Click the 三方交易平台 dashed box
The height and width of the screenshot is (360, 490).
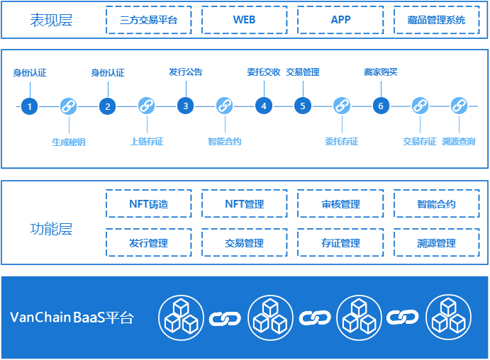click(148, 20)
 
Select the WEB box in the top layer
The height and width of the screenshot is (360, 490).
click(244, 20)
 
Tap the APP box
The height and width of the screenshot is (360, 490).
click(340, 20)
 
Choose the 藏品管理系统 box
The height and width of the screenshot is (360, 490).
click(437, 20)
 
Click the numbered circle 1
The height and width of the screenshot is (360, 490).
click(29, 106)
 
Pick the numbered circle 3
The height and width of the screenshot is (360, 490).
click(186, 106)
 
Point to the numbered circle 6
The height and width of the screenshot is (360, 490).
click(381, 106)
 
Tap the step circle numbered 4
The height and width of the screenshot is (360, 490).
click(264, 106)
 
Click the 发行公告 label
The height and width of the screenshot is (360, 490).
click(186, 72)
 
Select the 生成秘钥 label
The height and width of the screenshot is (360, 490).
click(68, 142)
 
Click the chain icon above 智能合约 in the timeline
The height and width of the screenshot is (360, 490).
click(225, 106)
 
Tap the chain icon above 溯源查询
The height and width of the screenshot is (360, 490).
click(458, 106)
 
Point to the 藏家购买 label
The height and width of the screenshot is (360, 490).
click(381, 72)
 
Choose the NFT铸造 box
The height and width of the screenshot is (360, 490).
click(149, 204)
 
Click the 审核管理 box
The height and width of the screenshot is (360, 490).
click(340, 204)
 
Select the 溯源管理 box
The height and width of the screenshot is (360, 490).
click(437, 243)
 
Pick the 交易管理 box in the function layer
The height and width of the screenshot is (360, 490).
click(245, 243)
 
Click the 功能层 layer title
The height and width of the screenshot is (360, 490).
click(51, 230)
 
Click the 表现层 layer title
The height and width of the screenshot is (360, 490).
click(51, 20)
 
